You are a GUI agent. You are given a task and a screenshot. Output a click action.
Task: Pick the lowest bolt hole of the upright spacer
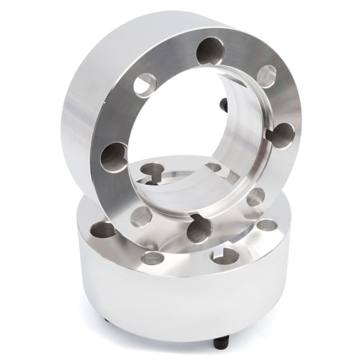pyautogui.click(x=197, y=230)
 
